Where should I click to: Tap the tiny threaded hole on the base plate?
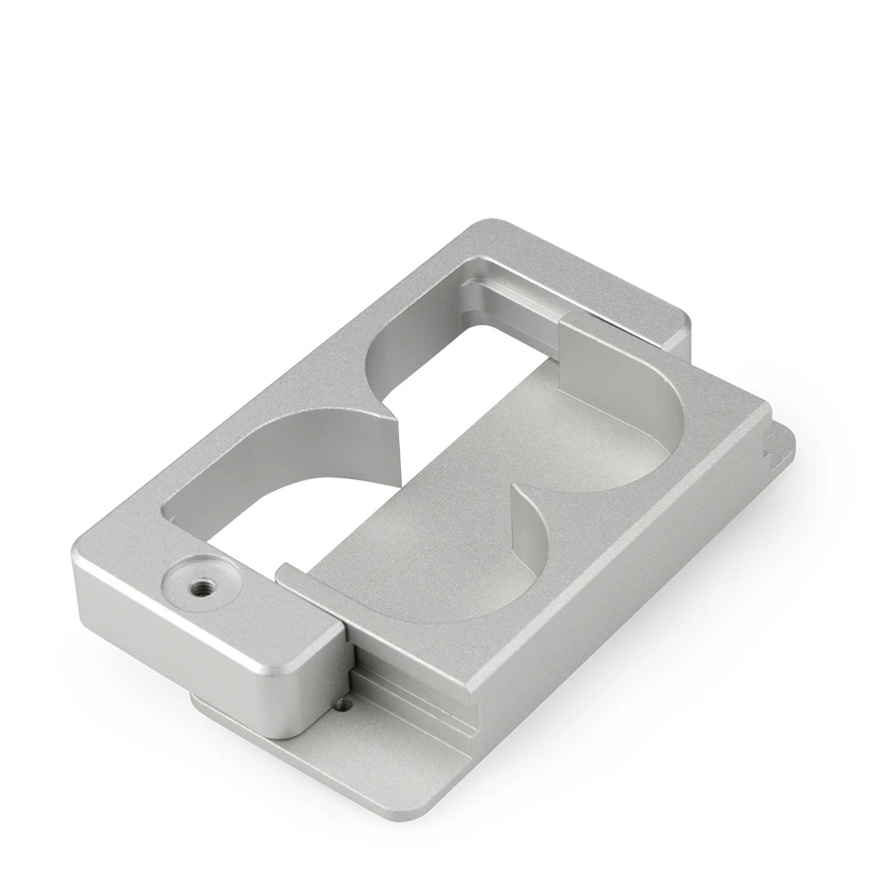tap(344, 704)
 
